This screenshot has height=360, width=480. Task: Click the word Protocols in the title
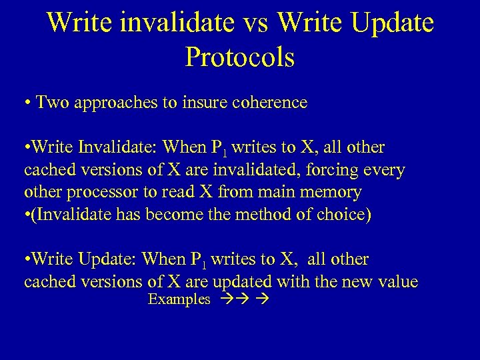(x=240, y=57)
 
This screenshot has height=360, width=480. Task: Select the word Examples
(x=179, y=300)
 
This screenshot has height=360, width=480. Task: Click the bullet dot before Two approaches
(x=27, y=103)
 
